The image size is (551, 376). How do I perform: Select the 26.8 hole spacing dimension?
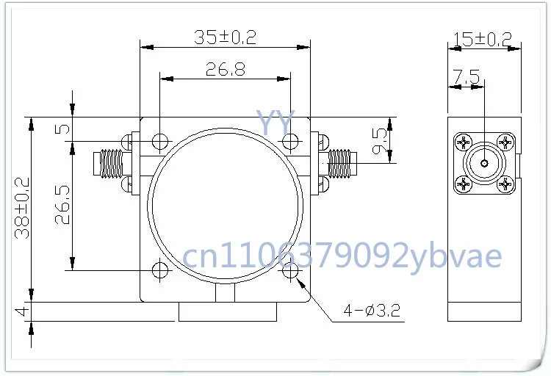click(225, 70)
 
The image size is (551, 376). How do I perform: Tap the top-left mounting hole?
click(159, 141)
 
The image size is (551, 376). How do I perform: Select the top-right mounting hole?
click(291, 141)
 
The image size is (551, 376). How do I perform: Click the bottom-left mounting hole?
click(159, 270)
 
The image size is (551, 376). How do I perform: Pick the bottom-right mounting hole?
click(291, 270)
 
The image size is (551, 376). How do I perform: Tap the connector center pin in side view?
click(484, 163)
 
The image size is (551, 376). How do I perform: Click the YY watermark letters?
click(275, 122)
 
